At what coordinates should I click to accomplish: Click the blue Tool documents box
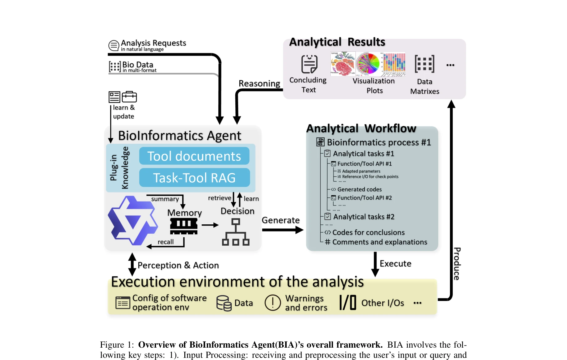click(x=194, y=156)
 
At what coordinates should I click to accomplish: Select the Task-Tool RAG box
click(x=194, y=178)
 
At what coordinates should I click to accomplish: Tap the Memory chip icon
click(x=184, y=226)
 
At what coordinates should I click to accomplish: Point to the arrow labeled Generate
click(x=283, y=230)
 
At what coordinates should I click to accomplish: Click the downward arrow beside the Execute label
click(x=375, y=264)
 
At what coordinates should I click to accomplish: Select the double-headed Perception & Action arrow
click(x=132, y=264)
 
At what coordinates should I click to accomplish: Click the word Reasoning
click(x=259, y=83)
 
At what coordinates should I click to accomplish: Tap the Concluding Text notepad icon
click(x=309, y=64)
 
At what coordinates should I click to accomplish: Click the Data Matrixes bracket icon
click(x=424, y=64)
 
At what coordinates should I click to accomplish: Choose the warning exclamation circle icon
click(x=273, y=303)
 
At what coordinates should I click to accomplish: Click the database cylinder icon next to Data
click(x=224, y=303)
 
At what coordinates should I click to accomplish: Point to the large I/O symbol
click(x=348, y=302)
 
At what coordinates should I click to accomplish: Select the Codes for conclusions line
click(x=368, y=232)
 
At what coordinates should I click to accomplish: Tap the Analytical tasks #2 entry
click(x=363, y=217)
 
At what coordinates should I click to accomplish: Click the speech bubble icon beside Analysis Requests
click(x=114, y=45)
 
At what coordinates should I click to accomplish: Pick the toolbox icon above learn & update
click(x=129, y=97)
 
